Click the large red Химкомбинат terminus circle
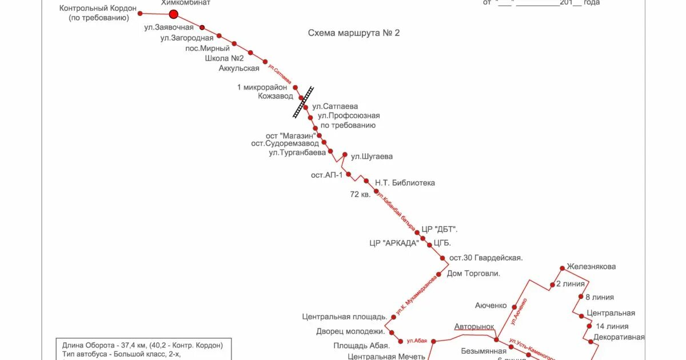(174, 14)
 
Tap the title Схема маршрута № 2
(354, 33)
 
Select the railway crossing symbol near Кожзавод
(303, 102)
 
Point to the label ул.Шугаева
(372, 157)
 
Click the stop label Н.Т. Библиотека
(405, 183)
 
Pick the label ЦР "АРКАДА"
(394, 243)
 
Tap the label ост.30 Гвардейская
(486, 258)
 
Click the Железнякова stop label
(591, 267)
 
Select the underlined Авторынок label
(474, 327)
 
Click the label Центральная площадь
(345, 317)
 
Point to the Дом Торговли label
(473, 274)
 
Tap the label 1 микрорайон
(262, 87)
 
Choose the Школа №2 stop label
(224, 58)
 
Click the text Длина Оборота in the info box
(86, 345)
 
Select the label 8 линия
(600, 297)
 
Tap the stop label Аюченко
(490, 306)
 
